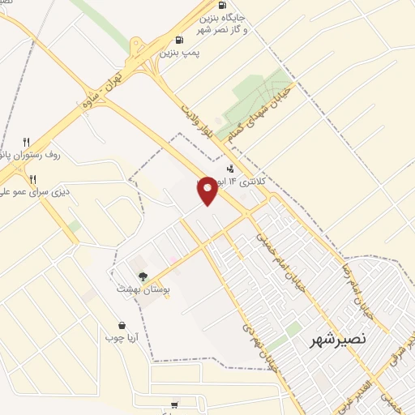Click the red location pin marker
tap(207, 190)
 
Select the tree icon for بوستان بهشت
tap(143, 276)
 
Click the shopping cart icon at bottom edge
tap(174, 404)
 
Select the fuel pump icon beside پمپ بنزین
tap(179, 38)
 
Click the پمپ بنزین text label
tap(179, 51)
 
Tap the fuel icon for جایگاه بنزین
tap(222, 5)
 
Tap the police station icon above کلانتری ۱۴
tap(231, 169)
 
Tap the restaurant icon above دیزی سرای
tap(33, 178)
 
